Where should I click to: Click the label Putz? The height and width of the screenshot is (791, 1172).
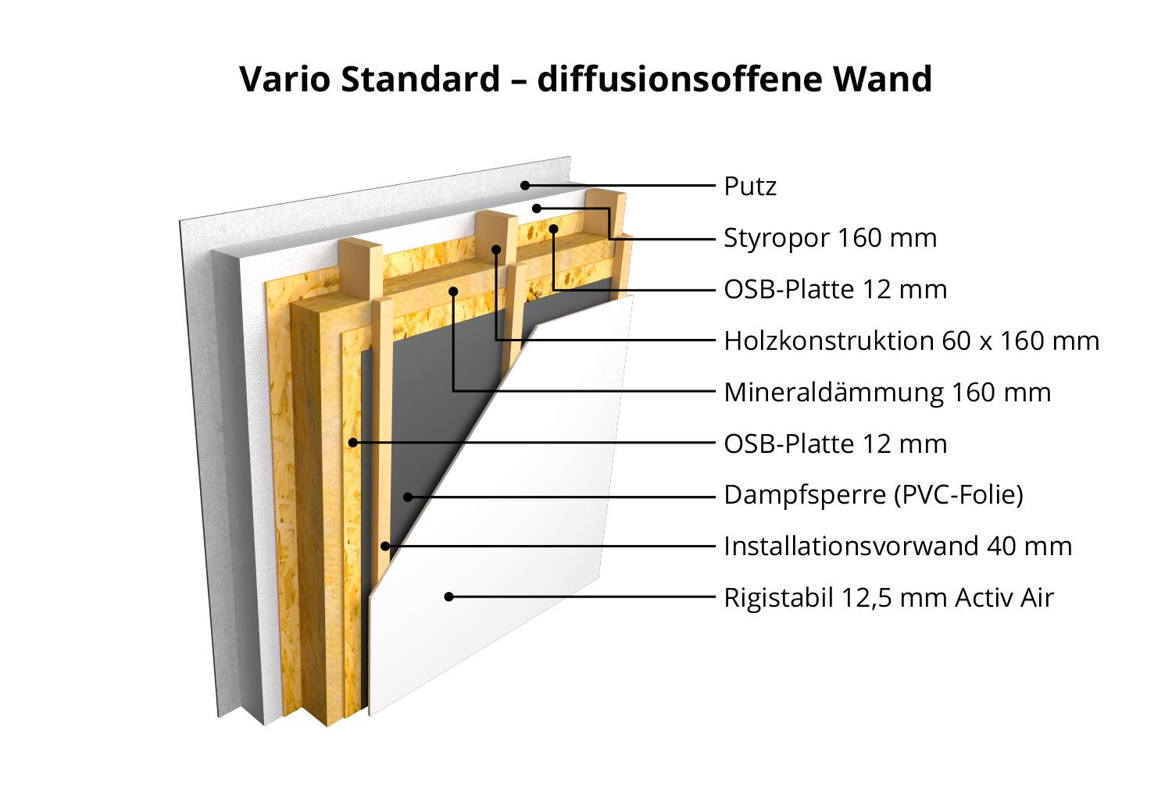(750, 186)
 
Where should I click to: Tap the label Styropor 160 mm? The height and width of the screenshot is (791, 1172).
(831, 238)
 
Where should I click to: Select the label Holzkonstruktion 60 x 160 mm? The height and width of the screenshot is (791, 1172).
(912, 341)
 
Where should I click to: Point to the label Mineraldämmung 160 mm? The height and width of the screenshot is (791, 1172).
(888, 392)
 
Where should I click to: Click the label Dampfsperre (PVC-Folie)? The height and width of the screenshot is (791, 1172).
(874, 494)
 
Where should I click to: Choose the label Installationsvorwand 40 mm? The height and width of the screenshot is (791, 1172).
(898, 547)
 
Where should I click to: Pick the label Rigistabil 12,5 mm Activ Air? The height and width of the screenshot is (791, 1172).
(889, 597)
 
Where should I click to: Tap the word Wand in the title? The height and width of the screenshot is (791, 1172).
(882, 79)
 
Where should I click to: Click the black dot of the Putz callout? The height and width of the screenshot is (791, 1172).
(525, 185)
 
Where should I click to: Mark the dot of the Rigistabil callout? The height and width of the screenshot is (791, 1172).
(448, 597)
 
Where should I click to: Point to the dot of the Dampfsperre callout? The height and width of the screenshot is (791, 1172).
(408, 497)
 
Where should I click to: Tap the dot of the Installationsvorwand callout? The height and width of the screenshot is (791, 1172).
(385, 546)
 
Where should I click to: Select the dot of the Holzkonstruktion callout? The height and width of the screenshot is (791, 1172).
(496, 250)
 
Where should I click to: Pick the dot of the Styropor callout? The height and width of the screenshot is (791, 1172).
(536, 208)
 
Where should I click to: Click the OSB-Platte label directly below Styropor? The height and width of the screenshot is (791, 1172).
(835, 290)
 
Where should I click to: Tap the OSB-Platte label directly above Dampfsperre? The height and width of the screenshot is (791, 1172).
(835, 444)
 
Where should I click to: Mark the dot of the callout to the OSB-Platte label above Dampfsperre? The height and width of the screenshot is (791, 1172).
(353, 443)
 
